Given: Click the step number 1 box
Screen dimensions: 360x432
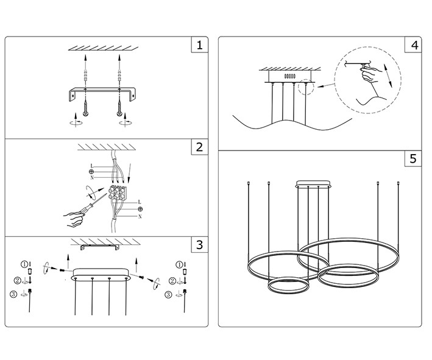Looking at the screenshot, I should [x=199, y=46].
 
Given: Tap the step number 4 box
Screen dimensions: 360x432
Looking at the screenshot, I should [x=413, y=46].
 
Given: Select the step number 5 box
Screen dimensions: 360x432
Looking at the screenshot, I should [x=413, y=159].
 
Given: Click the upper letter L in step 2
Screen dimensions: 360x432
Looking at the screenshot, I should [x=91, y=166].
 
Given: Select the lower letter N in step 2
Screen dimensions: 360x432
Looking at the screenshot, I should [x=140, y=216].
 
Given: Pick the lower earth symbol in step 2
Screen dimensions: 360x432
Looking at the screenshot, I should [x=140, y=209].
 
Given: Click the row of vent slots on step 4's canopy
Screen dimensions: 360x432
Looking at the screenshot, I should [x=289, y=76].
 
